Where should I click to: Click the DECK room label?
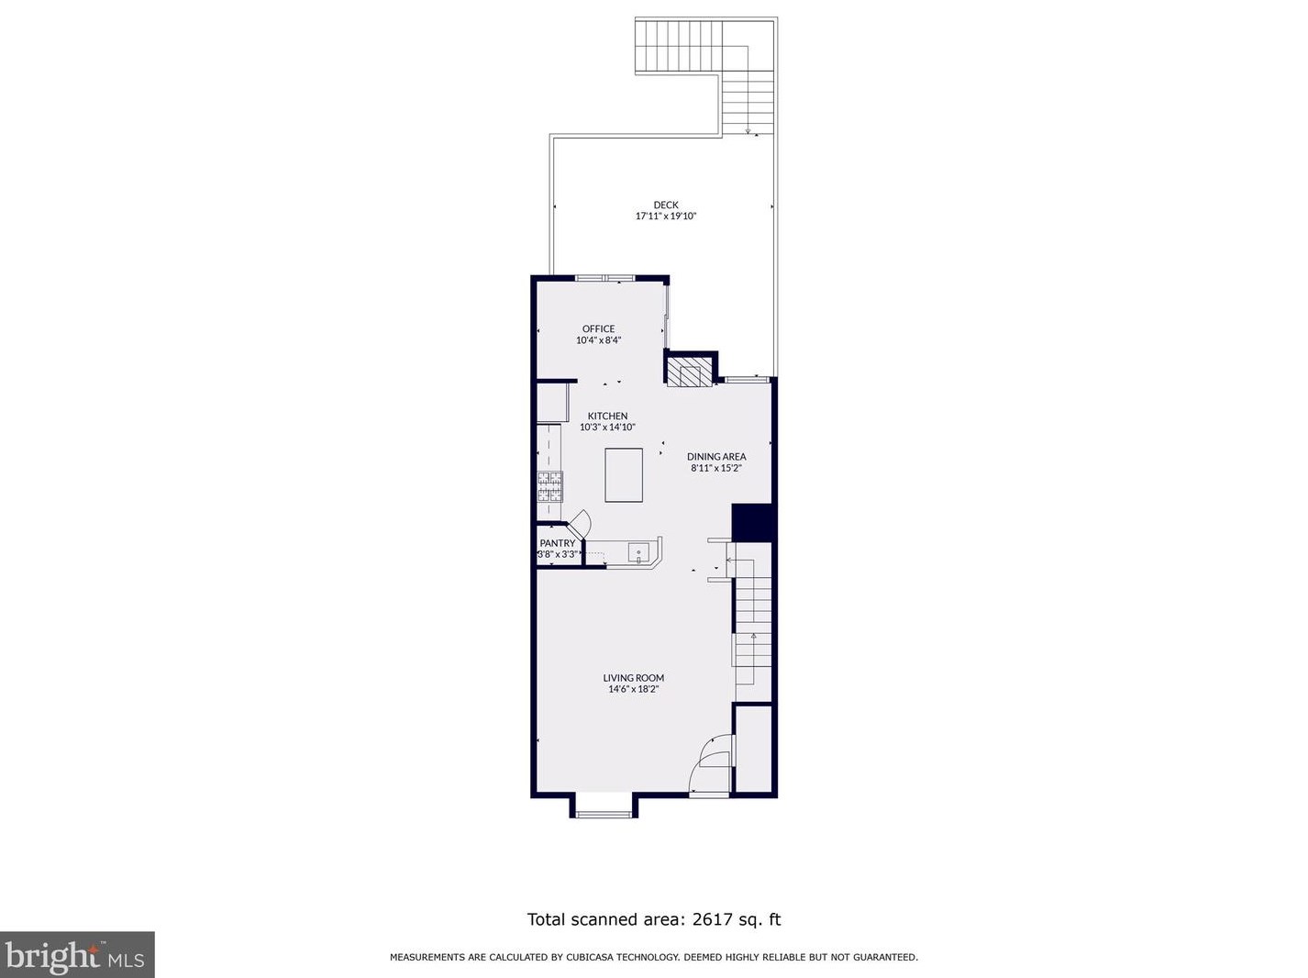coord(666,206)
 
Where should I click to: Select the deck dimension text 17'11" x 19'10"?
coord(666,217)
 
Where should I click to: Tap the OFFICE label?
coord(598,328)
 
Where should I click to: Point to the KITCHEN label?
coord(607,416)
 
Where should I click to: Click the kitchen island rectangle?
coord(624,474)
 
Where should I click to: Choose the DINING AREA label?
coord(716,456)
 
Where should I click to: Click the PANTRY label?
coord(558,543)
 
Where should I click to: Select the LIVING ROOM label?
coord(633,678)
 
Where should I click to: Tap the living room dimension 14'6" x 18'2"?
coord(633,689)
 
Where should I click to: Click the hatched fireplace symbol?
coord(688,373)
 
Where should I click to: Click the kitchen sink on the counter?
coord(638,552)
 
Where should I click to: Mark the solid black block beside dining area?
coord(753,522)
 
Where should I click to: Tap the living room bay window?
coord(604,807)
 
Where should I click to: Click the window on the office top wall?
coord(604,278)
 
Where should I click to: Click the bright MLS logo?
coord(77,955)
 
